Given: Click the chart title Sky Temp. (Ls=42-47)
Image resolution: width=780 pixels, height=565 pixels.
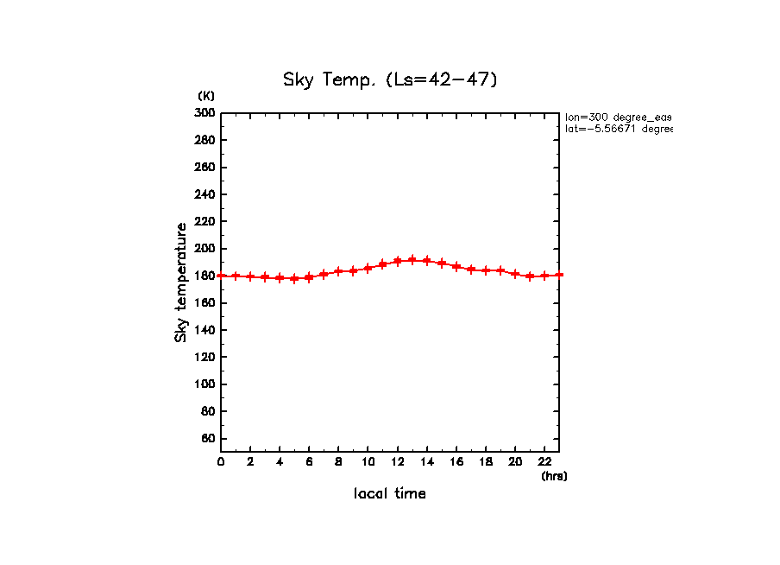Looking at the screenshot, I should point(390,79).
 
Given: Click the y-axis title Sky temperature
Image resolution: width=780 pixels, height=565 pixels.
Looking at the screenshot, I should point(181,282).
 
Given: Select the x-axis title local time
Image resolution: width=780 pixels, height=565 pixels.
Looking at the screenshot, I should point(390,493).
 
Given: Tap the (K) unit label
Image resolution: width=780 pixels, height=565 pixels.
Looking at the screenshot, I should point(206,95).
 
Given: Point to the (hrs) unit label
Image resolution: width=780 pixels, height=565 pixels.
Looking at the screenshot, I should point(554,475).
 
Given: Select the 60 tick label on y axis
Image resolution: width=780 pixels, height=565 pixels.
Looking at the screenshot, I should point(207,439).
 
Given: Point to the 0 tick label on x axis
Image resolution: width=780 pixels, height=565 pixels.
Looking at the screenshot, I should point(221,461).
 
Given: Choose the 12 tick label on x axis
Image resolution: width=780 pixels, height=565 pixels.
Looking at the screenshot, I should point(397,461).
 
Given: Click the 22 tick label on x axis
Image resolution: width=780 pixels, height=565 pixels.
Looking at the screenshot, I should point(544,461).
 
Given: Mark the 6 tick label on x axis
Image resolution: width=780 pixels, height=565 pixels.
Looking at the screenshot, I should point(309,461).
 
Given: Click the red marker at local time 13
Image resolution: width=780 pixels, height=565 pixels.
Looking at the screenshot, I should point(412,260).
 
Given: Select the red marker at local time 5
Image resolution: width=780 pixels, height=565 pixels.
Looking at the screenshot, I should point(294,278).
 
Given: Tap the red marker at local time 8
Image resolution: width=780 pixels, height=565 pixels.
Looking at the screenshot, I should point(338,271).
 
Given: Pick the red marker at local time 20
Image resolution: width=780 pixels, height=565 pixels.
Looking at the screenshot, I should point(515,274).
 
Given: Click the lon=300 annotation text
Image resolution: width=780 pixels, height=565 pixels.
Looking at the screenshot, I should point(618,117).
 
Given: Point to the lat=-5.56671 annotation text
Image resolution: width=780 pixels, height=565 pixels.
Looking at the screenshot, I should point(618,129).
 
